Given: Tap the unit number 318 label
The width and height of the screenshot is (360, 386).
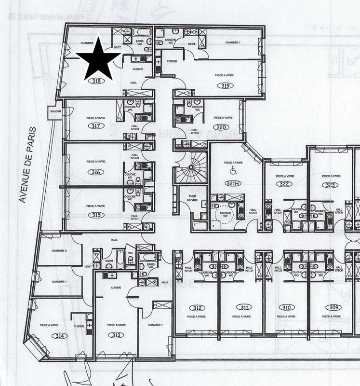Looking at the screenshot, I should pyautogui.click(x=97, y=82).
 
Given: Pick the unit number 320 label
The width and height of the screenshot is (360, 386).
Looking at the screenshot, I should pyautogui.click(x=221, y=128).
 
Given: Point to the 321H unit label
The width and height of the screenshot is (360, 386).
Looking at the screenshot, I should pyautogui.click(x=232, y=183).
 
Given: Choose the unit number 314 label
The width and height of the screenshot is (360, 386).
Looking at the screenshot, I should pyautogui.click(x=47, y=336).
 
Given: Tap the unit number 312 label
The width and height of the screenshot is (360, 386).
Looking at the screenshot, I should pyautogui.click(x=197, y=307).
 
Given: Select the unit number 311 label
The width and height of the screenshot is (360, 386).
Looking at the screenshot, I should pyautogui.click(x=245, y=307).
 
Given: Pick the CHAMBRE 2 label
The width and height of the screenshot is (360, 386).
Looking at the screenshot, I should pyautogui.click(x=59, y=251).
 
